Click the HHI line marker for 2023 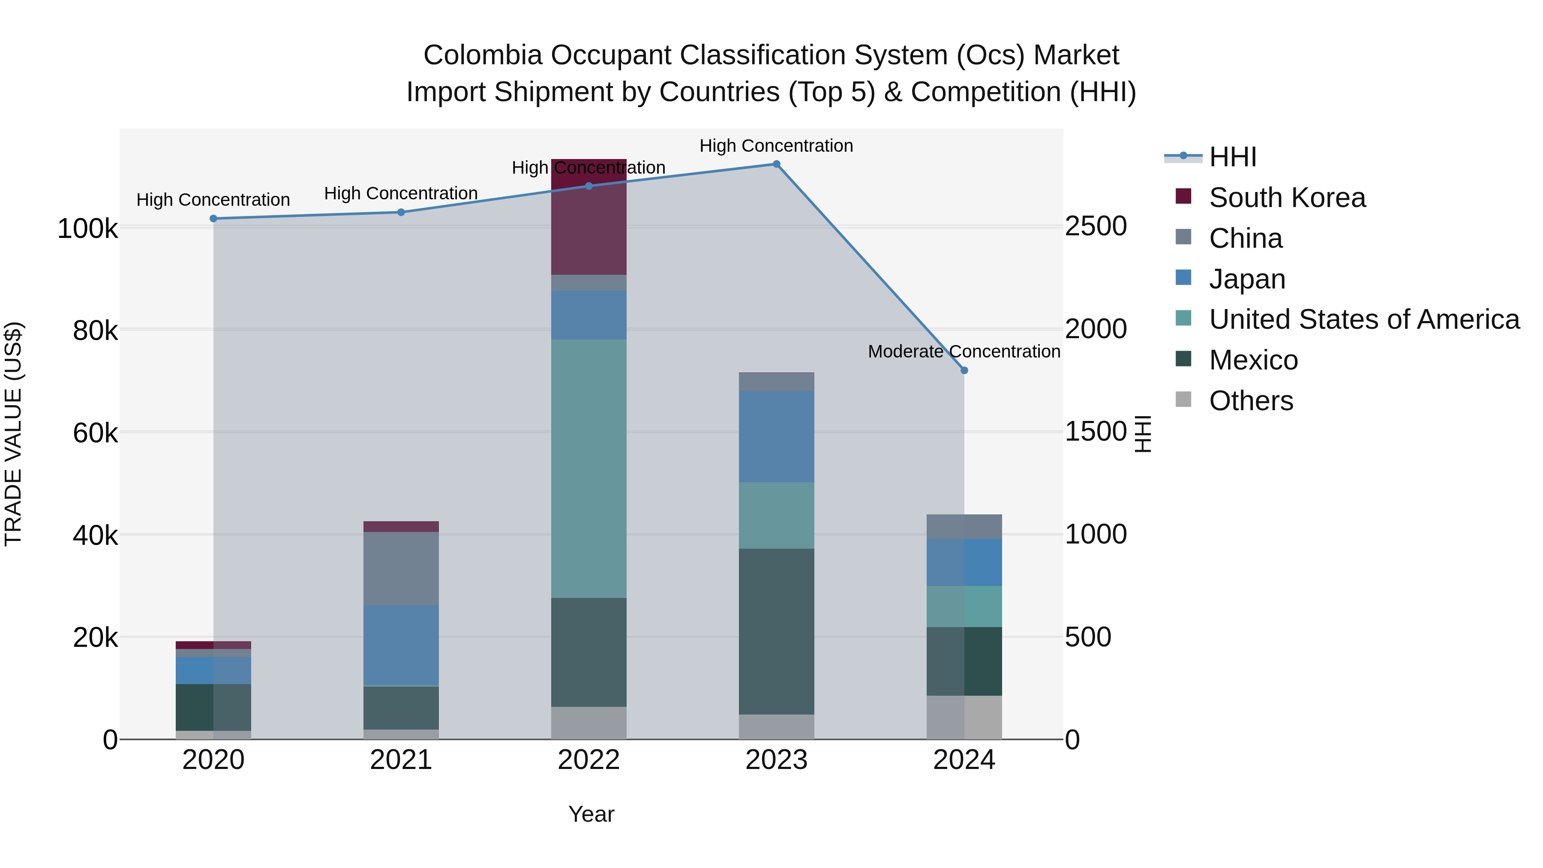(x=776, y=164)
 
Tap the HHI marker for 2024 (x=964, y=370)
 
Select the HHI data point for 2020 (x=213, y=219)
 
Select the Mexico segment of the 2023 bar (x=776, y=631)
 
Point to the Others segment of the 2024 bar (x=964, y=717)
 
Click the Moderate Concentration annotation (x=964, y=351)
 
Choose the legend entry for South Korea (x=1287, y=198)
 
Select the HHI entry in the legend (x=1232, y=157)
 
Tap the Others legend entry (x=1251, y=401)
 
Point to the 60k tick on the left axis (x=95, y=432)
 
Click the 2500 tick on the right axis (x=1096, y=226)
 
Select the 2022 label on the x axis (x=588, y=760)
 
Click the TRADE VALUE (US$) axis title (x=13, y=434)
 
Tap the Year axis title (x=591, y=814)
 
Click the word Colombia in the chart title (x=482, y=55)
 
